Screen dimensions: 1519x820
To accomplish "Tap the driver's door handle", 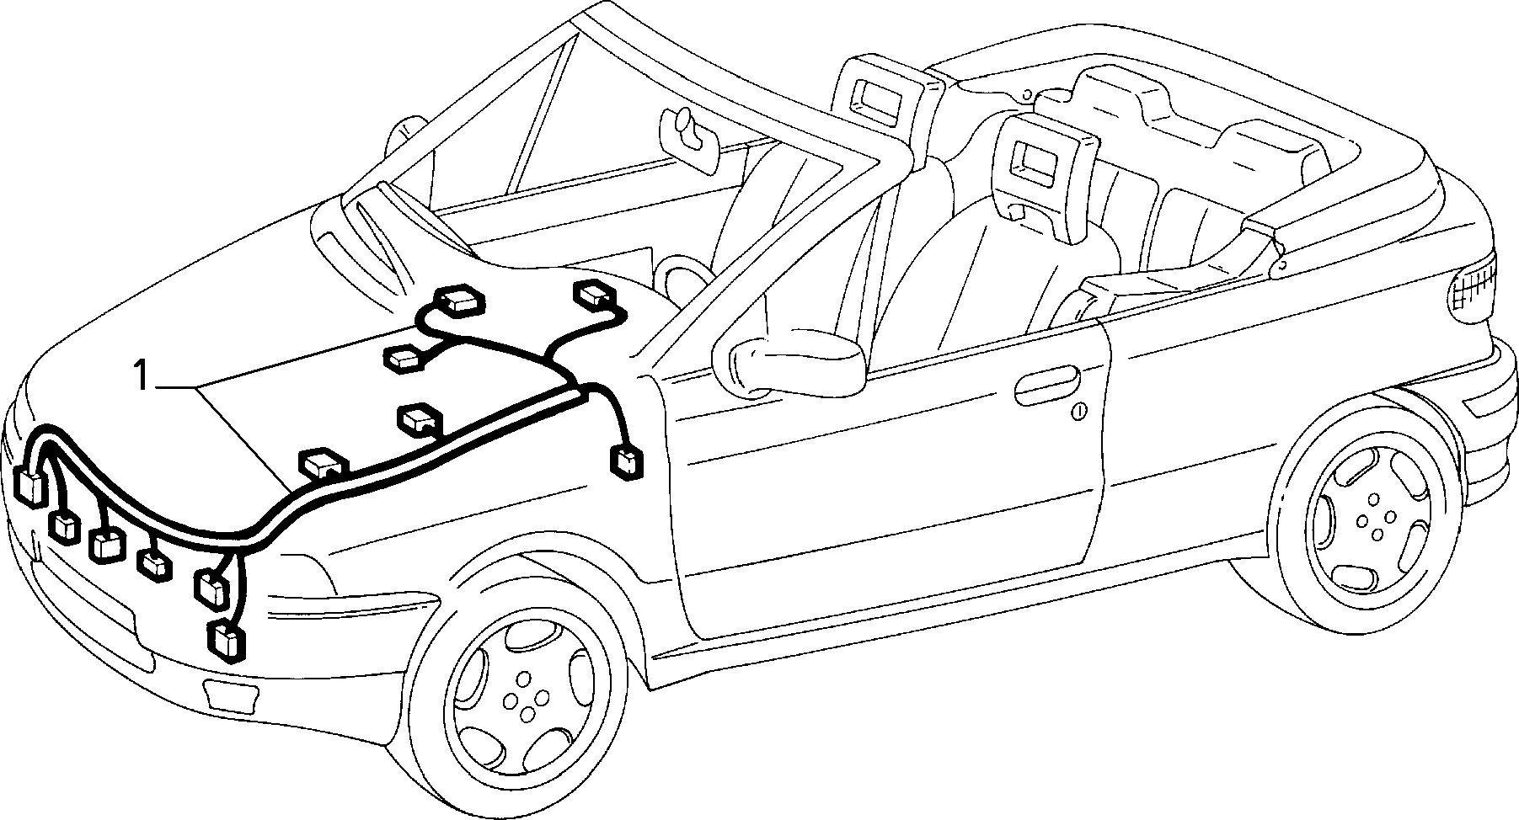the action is point(1047,385).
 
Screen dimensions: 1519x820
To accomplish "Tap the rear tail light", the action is point(1477,288).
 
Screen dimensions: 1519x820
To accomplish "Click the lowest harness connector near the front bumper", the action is point(227,639).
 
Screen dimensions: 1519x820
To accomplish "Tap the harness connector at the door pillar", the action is point(626,464).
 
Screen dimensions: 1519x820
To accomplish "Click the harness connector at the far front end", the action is point(32,488).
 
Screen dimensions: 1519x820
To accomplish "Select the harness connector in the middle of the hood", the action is point(419,418).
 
